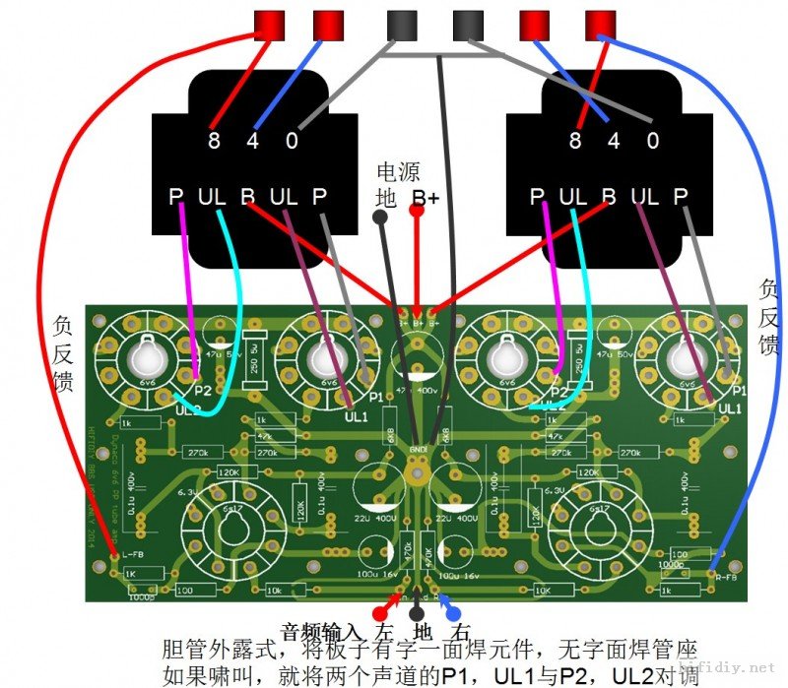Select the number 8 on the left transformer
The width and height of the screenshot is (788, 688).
(214, 141)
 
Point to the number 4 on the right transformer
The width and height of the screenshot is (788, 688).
(615, 141)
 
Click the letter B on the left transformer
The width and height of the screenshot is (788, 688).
(247, 196)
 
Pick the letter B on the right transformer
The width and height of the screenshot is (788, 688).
(609, 196)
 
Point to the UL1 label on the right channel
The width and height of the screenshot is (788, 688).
(730, 407)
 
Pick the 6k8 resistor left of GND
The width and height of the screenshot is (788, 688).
(390, 434)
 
